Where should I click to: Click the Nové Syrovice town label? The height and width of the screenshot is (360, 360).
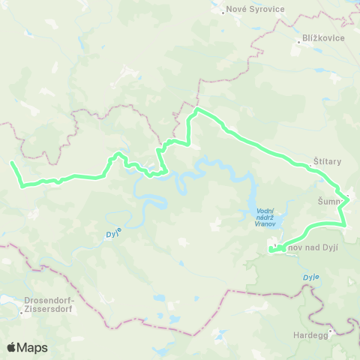coord(254,10)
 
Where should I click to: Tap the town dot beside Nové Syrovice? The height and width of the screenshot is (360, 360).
coord(224,11)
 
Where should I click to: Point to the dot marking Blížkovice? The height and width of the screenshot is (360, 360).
coord(298,42)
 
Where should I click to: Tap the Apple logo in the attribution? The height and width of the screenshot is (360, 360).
coord(11,347)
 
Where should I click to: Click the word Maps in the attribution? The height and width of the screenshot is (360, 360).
coord(32,347)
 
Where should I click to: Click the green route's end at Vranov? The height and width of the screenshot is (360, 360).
coord(269,250)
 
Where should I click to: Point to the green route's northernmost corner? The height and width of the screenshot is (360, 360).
coord(196,110)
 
